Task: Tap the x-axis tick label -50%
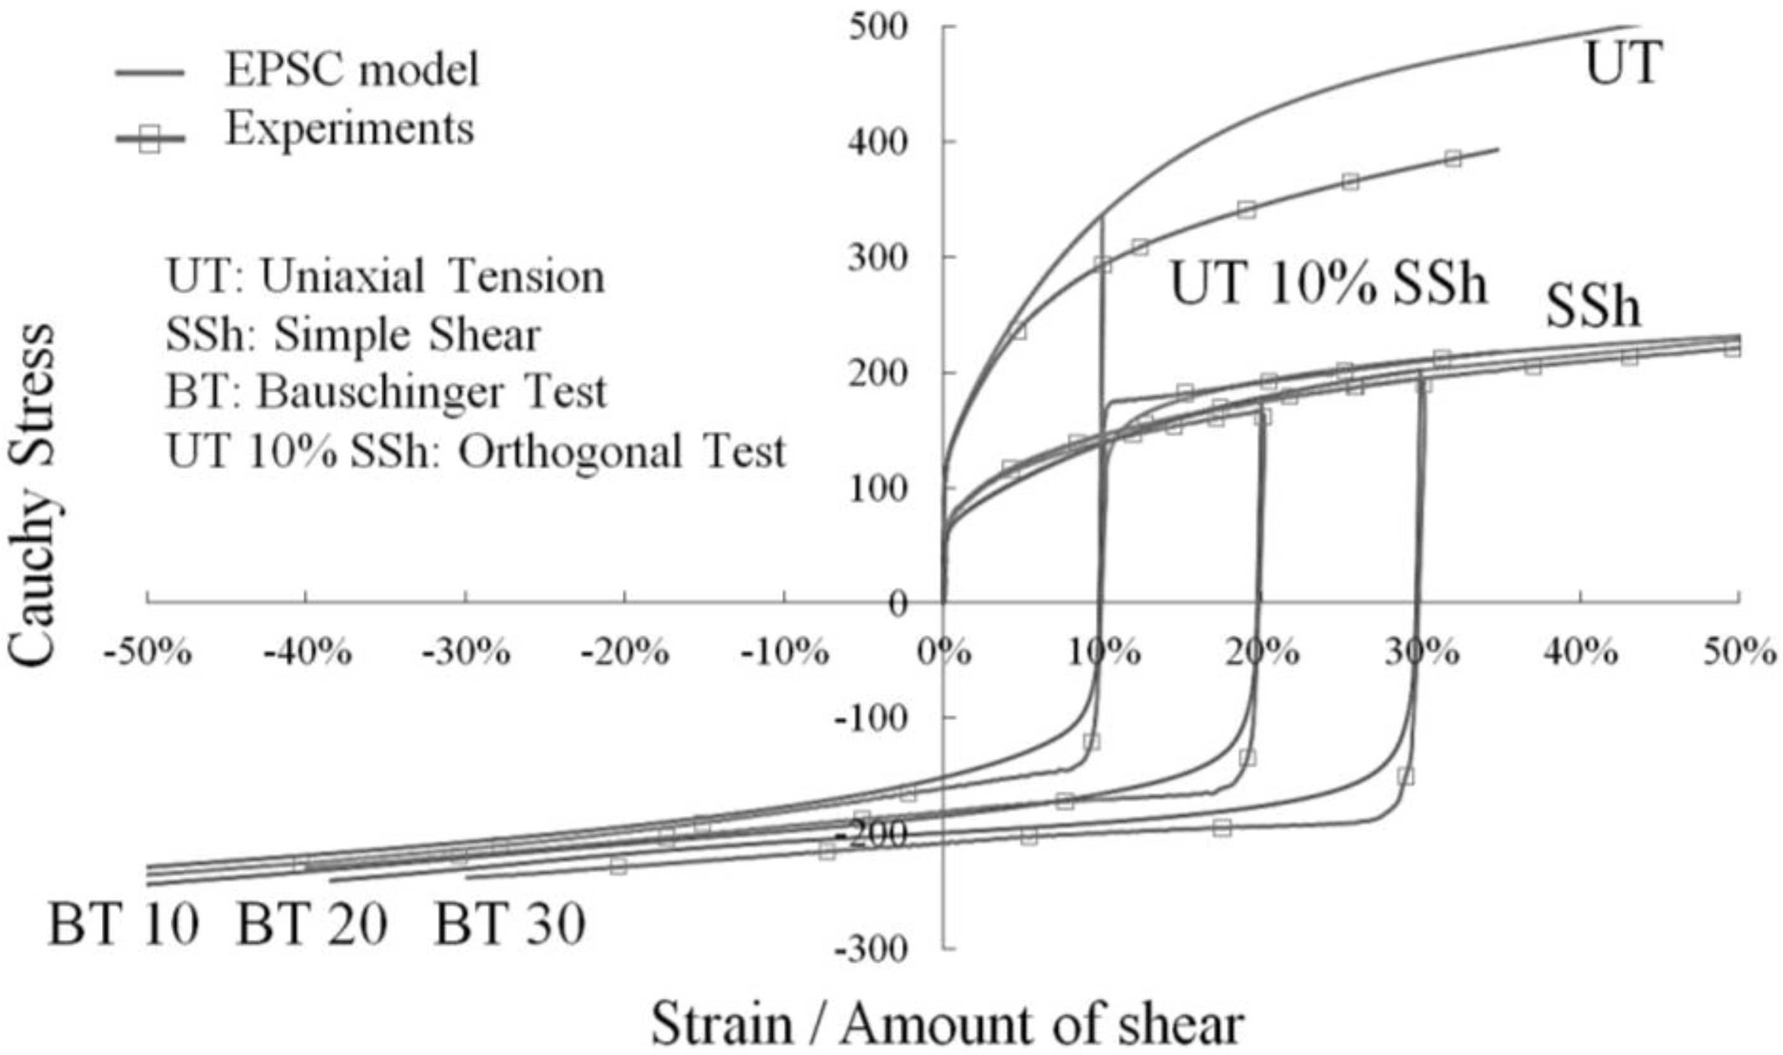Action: (148, 651)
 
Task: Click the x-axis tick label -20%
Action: (626, 651)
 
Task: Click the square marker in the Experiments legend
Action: (149, 141)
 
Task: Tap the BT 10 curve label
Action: (122, 925)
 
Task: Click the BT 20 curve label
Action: (312, 925)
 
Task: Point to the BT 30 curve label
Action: (510, 925)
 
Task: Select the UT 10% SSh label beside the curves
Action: (1328, 283)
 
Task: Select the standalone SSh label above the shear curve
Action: (1593, 308)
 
